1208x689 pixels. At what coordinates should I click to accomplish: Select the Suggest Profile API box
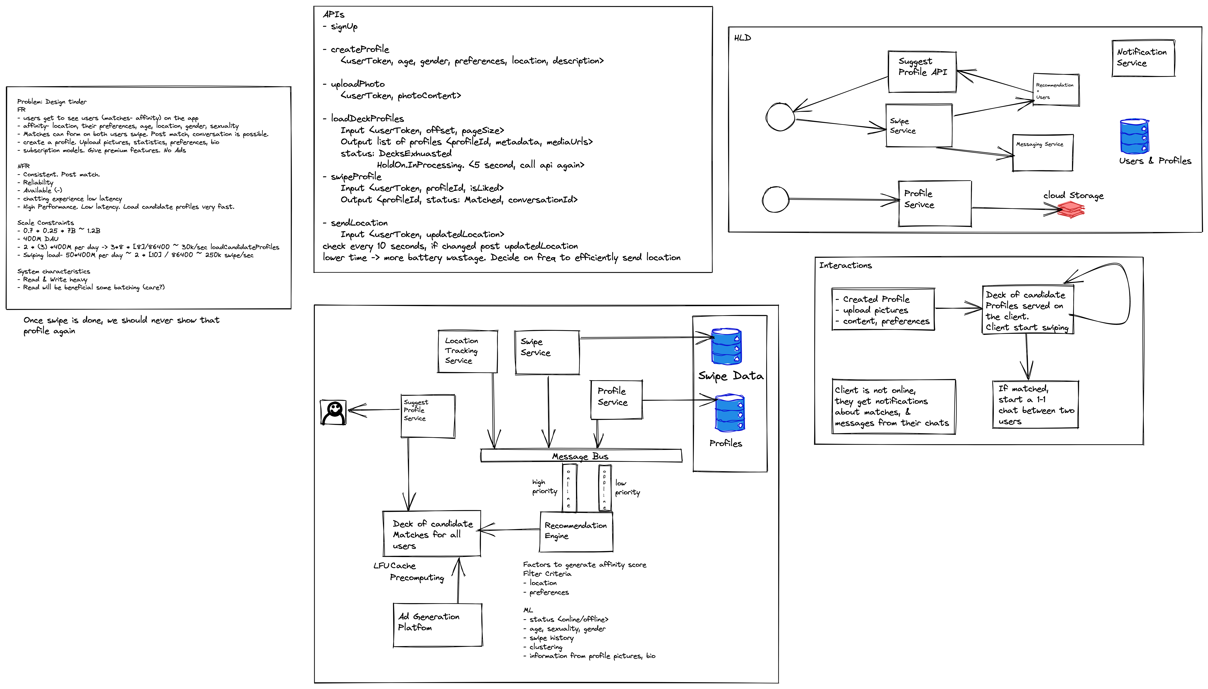pyautogui.click(x=921, y=71)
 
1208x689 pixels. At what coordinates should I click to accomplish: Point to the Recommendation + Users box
pyautogui.click(x=1055, y=90)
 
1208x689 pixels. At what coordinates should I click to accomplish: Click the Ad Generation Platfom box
pyautogui.click(x=437, y=625)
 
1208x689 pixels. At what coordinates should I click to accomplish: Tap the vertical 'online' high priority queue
pyautogui.click(x=568, y=487)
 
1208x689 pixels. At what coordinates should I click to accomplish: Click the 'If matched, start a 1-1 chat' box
pyautogui.click(x=1035, y=405)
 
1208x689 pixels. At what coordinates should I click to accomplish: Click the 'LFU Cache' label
pyautogui.click(x=394, y=565)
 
